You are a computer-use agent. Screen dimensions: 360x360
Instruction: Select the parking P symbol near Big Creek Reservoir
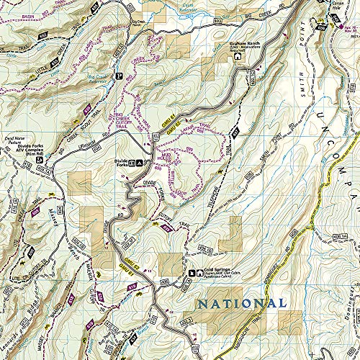119,76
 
